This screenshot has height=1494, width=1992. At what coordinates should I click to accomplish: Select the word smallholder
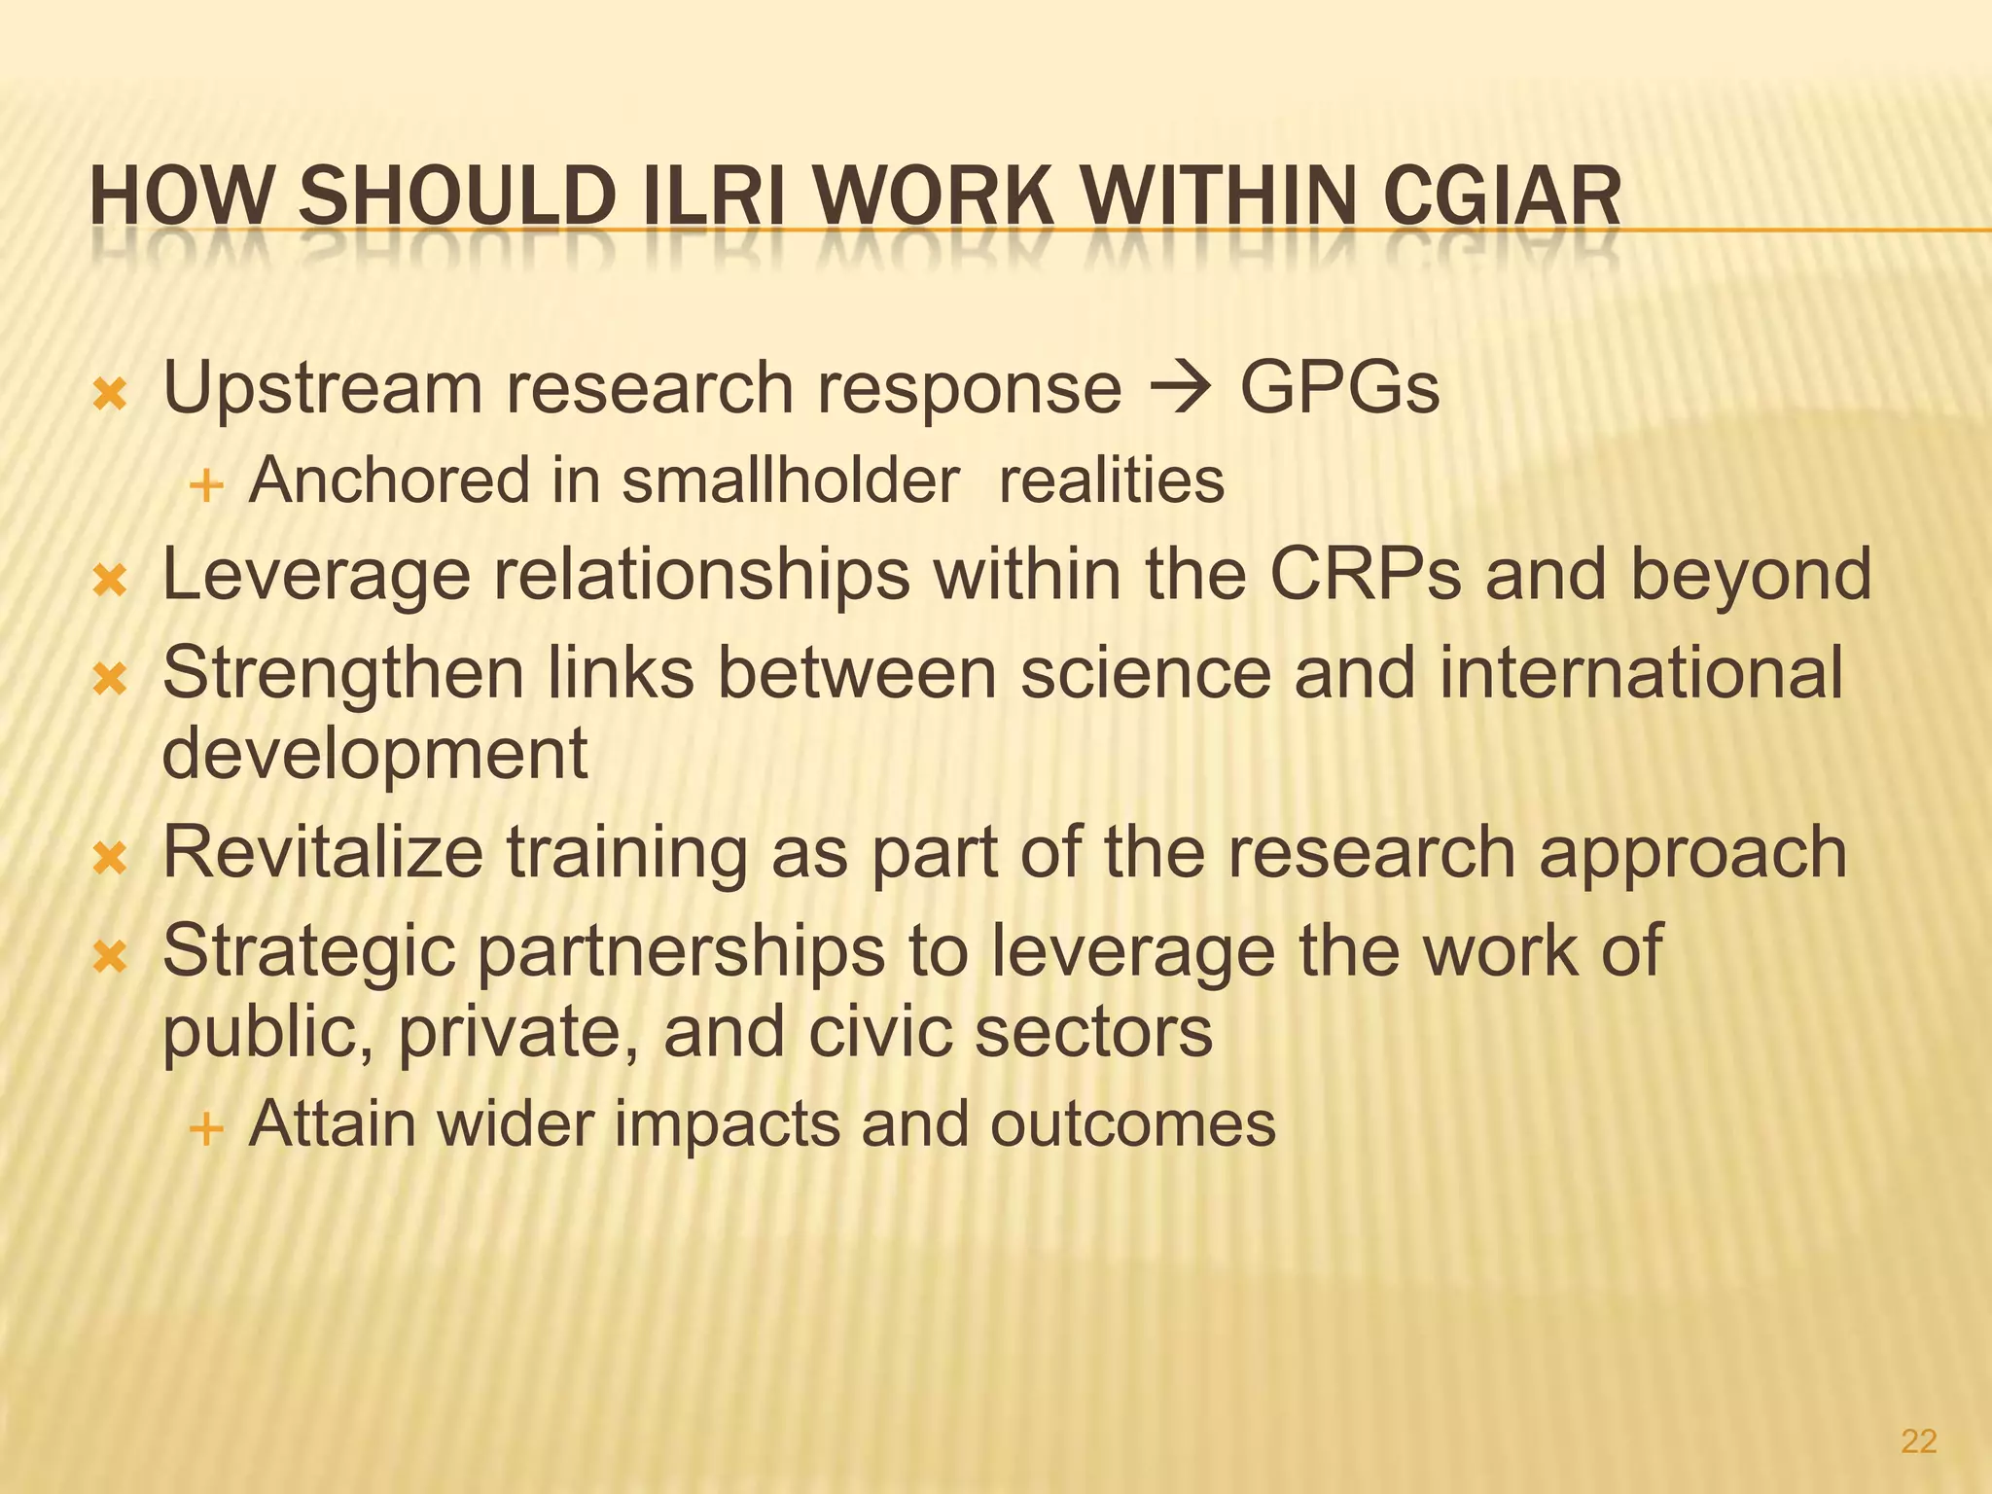790,480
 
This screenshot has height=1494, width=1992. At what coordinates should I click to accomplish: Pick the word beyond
1750,574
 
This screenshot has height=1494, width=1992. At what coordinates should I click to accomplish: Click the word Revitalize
322,852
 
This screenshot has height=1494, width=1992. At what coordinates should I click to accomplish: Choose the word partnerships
680,951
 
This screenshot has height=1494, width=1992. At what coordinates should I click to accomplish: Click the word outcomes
1132,1124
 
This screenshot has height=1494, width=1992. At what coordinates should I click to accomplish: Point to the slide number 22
1918,1441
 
